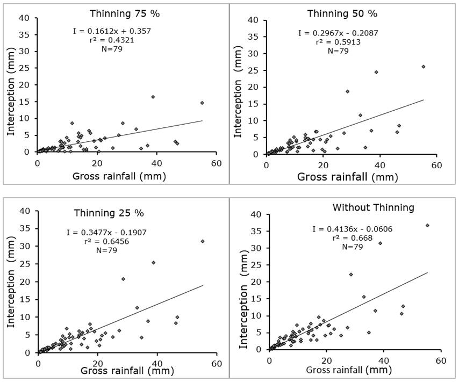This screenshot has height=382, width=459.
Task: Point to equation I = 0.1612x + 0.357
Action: pos(112,31)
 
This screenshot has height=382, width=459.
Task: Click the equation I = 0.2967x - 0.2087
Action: pos(338,33)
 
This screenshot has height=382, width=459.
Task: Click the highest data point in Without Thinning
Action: pos(427,225)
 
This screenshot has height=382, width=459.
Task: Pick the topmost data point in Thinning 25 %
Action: pos(203,241)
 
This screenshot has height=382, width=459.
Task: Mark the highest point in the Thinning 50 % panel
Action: pos(423,67)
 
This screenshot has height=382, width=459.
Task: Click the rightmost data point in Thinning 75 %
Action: pos(202,103)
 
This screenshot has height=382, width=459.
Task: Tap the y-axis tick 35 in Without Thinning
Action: pos(257,231)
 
